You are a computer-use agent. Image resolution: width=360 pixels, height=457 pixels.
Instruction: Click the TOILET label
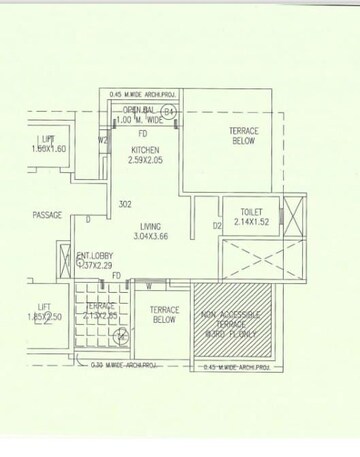pos(252,213)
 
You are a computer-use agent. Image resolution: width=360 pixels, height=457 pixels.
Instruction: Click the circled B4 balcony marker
pos(169,110)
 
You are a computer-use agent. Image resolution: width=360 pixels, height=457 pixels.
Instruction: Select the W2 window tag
pos(103,142)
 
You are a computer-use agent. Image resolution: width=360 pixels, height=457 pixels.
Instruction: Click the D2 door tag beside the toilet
pos(216,227)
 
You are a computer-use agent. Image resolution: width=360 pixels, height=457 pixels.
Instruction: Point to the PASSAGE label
pos(47,215)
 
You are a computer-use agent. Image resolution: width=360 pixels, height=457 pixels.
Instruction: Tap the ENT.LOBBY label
pos(96,255)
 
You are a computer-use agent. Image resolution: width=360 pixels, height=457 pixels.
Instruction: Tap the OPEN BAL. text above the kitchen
pos(140,110)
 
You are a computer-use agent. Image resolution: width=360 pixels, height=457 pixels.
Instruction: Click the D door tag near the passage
pos(88,220)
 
